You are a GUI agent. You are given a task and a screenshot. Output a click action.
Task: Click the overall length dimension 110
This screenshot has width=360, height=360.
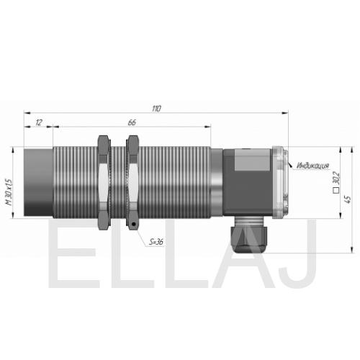click(x=156, y=109)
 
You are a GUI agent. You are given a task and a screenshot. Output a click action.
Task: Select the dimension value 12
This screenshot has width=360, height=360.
click(x=39, y=122)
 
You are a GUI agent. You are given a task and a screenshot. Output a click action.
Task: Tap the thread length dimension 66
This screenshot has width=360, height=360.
click(x=132, y=122)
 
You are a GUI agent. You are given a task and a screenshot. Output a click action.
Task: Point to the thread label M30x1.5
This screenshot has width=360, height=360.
click(x=9, y=192)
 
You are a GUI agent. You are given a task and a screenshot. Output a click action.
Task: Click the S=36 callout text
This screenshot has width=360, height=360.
click(x=156, y=242)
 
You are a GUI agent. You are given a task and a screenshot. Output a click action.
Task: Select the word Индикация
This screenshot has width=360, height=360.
click(x=313, y=166)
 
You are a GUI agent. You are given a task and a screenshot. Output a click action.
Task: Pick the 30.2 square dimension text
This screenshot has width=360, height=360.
click(x=337, y=178)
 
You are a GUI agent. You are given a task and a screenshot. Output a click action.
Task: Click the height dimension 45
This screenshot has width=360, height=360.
click(x=348, y=199)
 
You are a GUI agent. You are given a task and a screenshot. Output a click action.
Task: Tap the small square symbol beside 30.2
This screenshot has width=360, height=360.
click(x=336, y=191)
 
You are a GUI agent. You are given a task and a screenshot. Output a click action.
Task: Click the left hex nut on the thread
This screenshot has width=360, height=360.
click(x=104, y=182)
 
